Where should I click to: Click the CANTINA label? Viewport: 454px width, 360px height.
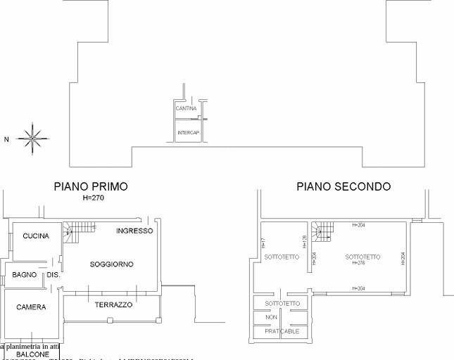pos(186,108)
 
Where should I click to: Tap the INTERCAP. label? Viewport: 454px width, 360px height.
pos(188,133)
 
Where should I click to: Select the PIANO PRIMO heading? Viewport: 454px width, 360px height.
pos(91,187)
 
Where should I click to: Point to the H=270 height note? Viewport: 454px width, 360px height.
pos(93,198)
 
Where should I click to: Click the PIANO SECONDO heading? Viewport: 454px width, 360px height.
pos(343,187)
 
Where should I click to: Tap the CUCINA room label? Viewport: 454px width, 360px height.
pos(36,236)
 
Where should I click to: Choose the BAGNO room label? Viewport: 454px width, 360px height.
pos(24,274)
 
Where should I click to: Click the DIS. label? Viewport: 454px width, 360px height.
pos(53,274)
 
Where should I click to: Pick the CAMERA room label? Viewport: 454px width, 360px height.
pos(31,307)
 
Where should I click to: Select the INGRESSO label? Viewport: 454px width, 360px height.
pos(134,231)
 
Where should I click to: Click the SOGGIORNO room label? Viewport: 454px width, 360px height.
pos(112,264)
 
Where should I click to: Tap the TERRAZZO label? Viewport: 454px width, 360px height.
pos(113,305)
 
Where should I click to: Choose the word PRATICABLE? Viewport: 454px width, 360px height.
pos(282,330)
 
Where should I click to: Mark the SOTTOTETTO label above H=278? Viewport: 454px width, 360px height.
pos(362,257)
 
